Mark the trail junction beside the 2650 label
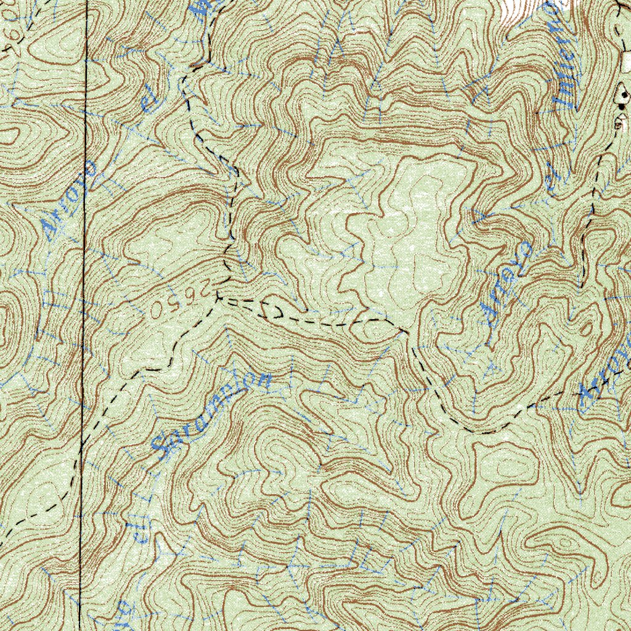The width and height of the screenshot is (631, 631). pos(218,299)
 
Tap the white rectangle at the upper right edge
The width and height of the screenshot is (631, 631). pos(627,60)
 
